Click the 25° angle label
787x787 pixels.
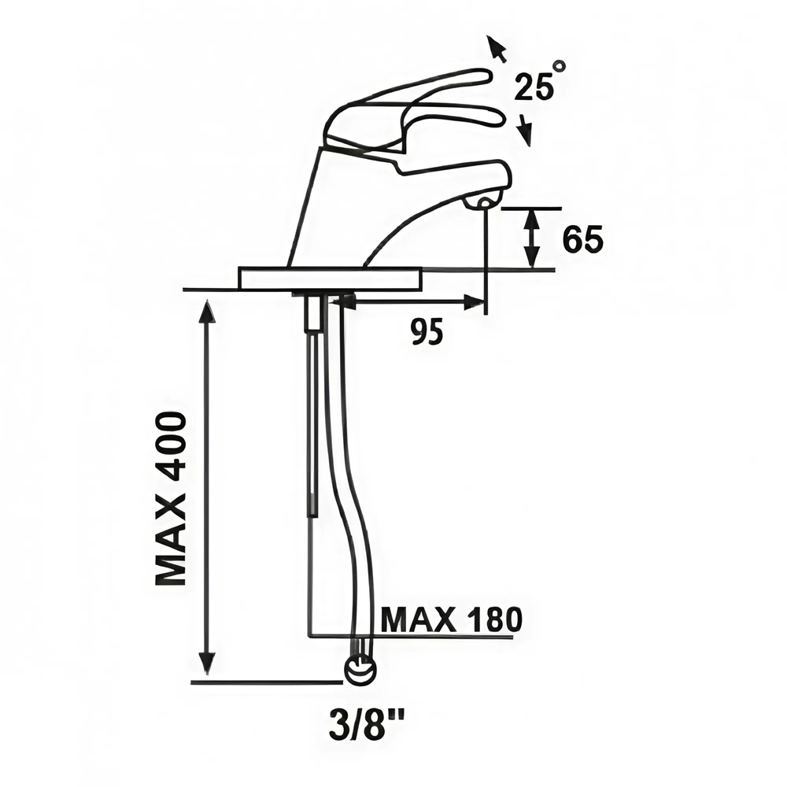click(540, 82)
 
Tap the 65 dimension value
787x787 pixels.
click(582, 239)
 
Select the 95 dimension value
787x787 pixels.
click(427, 332)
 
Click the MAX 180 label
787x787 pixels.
click(452, 619)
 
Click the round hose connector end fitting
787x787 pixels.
click(360, 670)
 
